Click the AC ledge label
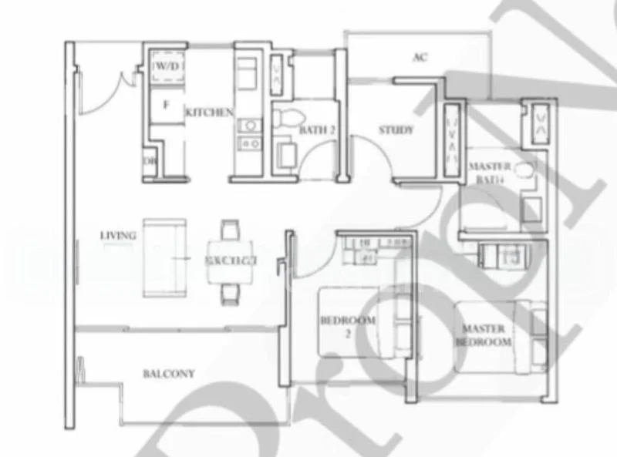click(420, 57)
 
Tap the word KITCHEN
click(209, 113)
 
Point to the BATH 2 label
click(317, 130)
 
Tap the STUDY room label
click(396, 130)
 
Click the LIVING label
click(118, 235)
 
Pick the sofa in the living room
click(165, 257)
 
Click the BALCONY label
click(168, 374)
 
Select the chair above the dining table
click(230, 230)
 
